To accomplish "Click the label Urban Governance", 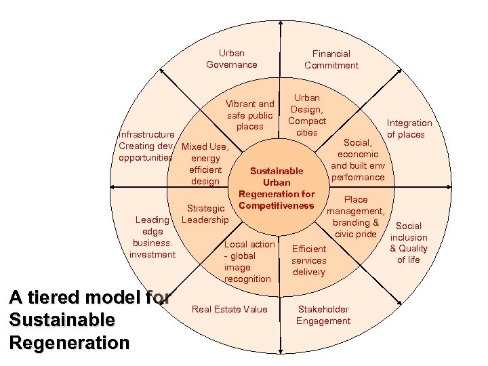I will click(232, 59).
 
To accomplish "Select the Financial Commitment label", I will click(331, 59).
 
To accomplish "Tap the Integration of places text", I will click(409, 129).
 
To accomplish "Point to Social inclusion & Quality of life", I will click(409, 243).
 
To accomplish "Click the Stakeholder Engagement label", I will click(323, 315).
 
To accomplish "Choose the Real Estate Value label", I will click(230, 310).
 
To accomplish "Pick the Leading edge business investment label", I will click(152, 237).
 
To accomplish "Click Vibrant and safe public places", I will click(250, 115).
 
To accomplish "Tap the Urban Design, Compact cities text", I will click(307, 115).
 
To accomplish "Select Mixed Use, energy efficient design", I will click(205, 163).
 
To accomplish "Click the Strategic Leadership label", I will click(205, 214).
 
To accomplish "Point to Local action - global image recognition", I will click(249, 262).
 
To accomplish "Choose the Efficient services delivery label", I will click(309, 260).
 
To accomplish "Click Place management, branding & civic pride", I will click(356, 217).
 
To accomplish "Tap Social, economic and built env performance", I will click(358, 160).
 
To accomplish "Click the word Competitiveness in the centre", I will click(277, 205).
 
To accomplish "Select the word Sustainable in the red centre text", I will click(277, 171).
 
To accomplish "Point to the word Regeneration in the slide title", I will click(69, 342).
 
